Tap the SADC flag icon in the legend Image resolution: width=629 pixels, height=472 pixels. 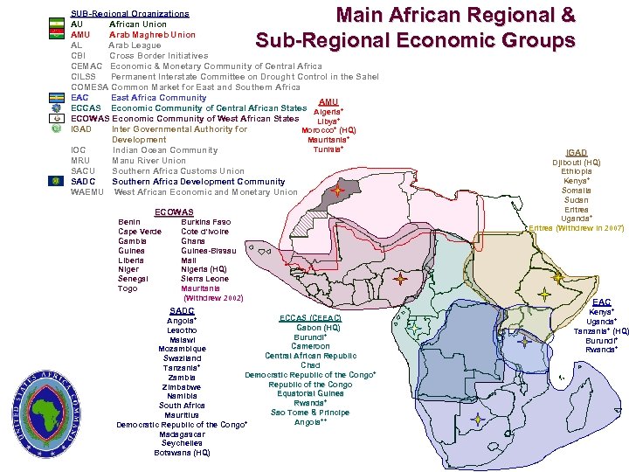tap(56, 181)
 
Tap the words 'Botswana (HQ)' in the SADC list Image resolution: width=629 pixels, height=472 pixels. tap(182, 453)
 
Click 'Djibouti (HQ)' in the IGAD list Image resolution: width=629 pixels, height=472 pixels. tap(577, 163)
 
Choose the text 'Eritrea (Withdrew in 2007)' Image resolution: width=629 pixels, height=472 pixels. tap(577, 228)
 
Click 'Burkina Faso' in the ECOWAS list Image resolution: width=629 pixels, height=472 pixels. tap(206, 222)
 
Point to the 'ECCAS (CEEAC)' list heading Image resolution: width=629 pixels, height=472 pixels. tap(308, 317)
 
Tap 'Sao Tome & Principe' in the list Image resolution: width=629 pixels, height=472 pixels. tap(310, 413)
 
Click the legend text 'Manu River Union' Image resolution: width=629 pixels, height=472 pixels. tap(149, 161)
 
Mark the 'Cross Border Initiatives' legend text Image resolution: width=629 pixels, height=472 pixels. tap(158, 55)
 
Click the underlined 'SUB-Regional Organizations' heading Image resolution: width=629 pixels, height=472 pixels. tap(129, 13)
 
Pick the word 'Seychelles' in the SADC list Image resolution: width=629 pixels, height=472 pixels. tap(182, 443)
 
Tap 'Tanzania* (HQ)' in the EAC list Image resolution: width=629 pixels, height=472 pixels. tap(601, 331)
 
